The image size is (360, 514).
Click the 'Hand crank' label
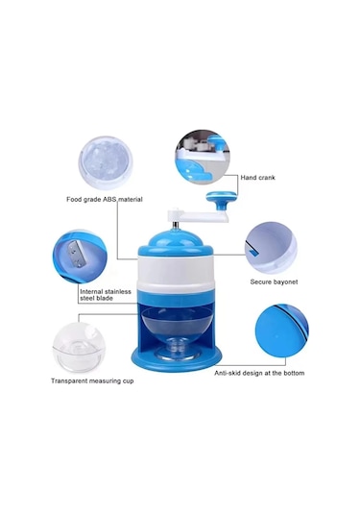tap(258, 178)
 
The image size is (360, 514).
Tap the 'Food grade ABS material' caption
tap(105, 199)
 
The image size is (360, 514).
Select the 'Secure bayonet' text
tap(274, 281)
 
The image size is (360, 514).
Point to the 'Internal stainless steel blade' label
tap(106, 295)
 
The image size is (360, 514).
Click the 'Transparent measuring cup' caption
tap(92, 380)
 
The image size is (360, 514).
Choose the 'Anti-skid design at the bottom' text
tap(259, 373)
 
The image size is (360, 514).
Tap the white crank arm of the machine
tap(198, 216)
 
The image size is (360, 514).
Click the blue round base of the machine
tap(176, 360)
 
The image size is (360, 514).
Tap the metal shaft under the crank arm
tap(176, 224)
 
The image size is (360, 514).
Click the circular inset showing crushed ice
tap(106, 163)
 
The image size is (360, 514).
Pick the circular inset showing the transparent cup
tap(79, 348)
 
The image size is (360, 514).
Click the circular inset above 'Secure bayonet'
tap(271, 248)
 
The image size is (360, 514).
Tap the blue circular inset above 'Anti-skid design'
tap(281, 330)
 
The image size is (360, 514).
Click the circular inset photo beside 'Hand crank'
tap(202, 157)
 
